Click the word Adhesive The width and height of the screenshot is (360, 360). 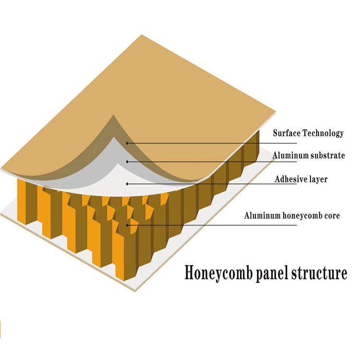(x=291, y=180)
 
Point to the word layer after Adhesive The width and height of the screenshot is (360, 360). (x=318, y=180)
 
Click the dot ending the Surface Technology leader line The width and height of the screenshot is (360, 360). (x=128, y=143)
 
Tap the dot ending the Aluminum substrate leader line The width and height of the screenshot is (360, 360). (x=127, y=161)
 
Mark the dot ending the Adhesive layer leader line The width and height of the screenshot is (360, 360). (x=127, y=183)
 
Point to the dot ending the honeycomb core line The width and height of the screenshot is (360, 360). (x=127, y=224)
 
